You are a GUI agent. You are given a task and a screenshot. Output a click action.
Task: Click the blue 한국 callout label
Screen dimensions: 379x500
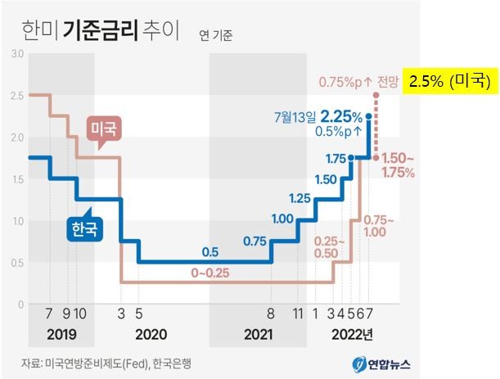coord(85,228)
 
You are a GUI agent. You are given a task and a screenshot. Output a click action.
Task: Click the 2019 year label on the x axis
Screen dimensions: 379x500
coord(62,334)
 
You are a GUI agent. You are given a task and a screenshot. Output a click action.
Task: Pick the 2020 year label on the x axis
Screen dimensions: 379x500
coord(151,334)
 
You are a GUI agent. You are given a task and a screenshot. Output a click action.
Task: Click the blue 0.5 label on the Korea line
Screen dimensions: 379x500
coord(210,251)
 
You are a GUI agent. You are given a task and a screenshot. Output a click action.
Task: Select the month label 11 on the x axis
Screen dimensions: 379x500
coord(298,313)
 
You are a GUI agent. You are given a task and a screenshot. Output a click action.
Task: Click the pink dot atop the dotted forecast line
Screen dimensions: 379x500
coord(376,96)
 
